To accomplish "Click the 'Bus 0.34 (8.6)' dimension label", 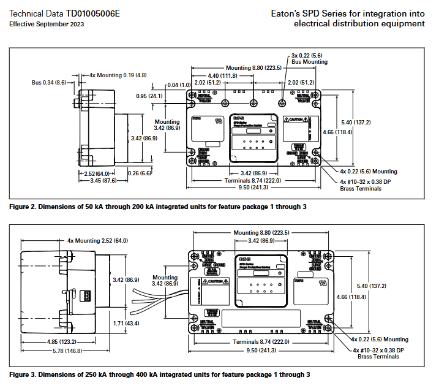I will (49, 82).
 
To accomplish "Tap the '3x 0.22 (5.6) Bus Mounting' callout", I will (309, 59).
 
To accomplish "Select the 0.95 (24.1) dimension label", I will (149, 96).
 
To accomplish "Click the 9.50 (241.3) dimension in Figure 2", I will (253, 188).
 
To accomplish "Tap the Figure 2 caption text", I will (158, 207).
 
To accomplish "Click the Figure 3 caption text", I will (160, 374).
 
